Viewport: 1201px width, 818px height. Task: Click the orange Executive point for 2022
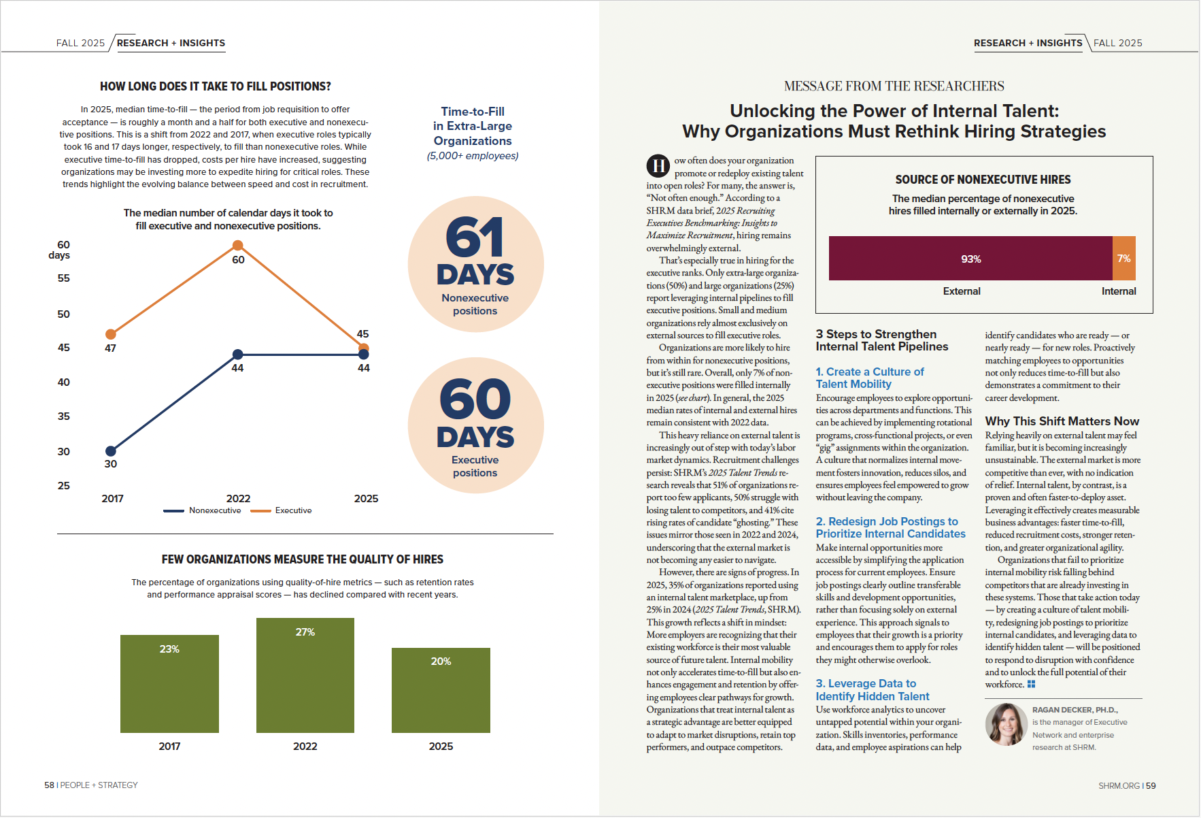coord(237,246)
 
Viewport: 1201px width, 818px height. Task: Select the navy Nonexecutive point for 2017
coord(111,451)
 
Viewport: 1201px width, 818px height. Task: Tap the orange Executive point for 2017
coord(111,334)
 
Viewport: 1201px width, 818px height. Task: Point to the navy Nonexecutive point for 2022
coord(237,354)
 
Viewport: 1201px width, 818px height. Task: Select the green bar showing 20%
coord(441,690)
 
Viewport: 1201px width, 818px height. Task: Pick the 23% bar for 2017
coord(169,683)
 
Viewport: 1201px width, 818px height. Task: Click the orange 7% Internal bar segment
coord(1123,259)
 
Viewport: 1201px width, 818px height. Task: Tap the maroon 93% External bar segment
coord(970,259)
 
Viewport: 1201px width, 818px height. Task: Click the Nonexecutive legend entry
coord(203,510)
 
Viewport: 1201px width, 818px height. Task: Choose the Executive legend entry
coord(282,510)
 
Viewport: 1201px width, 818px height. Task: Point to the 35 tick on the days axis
coord(64,416)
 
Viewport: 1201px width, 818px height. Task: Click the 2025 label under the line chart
coord(366,499)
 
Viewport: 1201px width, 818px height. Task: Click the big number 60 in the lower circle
coord(475,399)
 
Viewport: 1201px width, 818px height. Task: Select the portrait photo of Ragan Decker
coord(1006,724)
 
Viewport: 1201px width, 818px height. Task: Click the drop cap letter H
coord(658,165)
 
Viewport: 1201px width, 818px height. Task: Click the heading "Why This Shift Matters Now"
coord(1062,421)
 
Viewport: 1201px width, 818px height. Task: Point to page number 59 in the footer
coord(1151,785)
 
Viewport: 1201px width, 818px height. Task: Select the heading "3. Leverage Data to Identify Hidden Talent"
coord(873,690)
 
